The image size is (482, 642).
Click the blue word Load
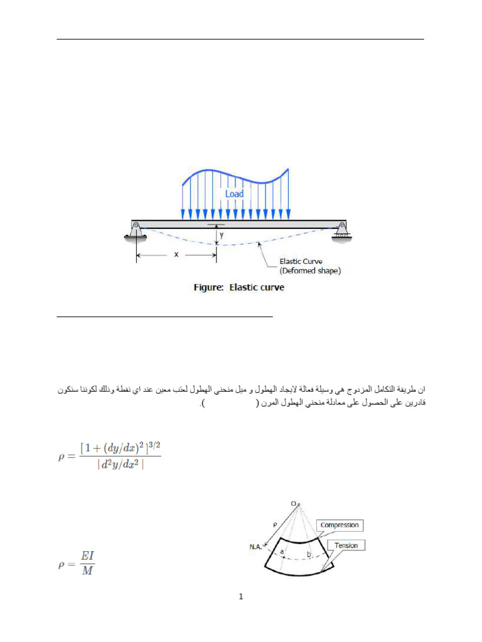click(x=234, y=194)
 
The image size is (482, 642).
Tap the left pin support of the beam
click(x=134, y=231)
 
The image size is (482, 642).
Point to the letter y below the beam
click(x=221, y=236)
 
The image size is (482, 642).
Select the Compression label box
click(x=340, y=525)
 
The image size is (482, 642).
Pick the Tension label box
click(x=346, y=545)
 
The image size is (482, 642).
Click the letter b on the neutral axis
click(x=309, y=554)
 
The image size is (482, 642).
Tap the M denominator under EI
click(x=87, y=571)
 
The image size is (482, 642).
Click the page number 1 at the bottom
click(x=240, y=596)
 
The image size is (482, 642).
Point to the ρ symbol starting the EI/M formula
click(x=62, y=564)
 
